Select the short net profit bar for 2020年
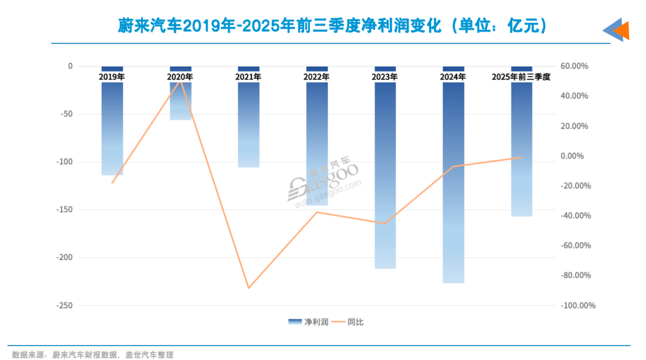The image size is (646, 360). point(180,102)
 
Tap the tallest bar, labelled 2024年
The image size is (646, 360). point(453,179)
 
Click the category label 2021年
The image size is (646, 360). point(248,77)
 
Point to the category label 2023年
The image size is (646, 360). point(385,77)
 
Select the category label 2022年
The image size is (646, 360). point(316,77)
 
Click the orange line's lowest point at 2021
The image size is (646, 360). point(248,288)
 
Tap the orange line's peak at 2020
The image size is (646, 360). point(180,81)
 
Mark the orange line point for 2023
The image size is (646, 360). point(385,224)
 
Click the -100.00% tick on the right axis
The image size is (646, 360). point(578,306)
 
